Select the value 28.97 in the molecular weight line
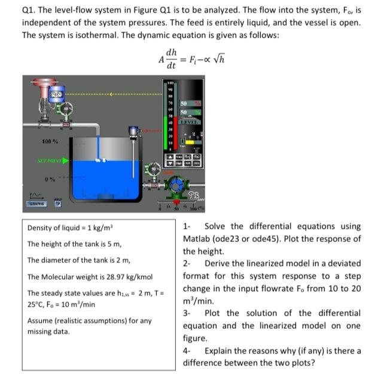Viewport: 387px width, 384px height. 111,277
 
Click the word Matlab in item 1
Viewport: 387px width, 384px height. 198,238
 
